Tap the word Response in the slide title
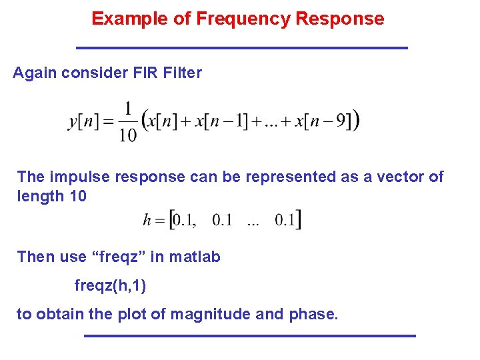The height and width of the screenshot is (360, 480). tap(340, 19)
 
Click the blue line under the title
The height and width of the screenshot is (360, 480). tap(242, 48)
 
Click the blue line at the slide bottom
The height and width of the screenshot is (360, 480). tap(250, 335)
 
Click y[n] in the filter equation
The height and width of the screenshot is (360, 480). tap(84, 121)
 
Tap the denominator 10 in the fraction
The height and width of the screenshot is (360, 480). tap(127, 135)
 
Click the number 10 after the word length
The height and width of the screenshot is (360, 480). tap(77, 197)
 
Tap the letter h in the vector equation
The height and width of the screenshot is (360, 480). tap(147, 221)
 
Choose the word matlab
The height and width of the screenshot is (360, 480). tap(197, 257)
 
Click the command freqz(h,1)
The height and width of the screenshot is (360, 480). tap(110, 285)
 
